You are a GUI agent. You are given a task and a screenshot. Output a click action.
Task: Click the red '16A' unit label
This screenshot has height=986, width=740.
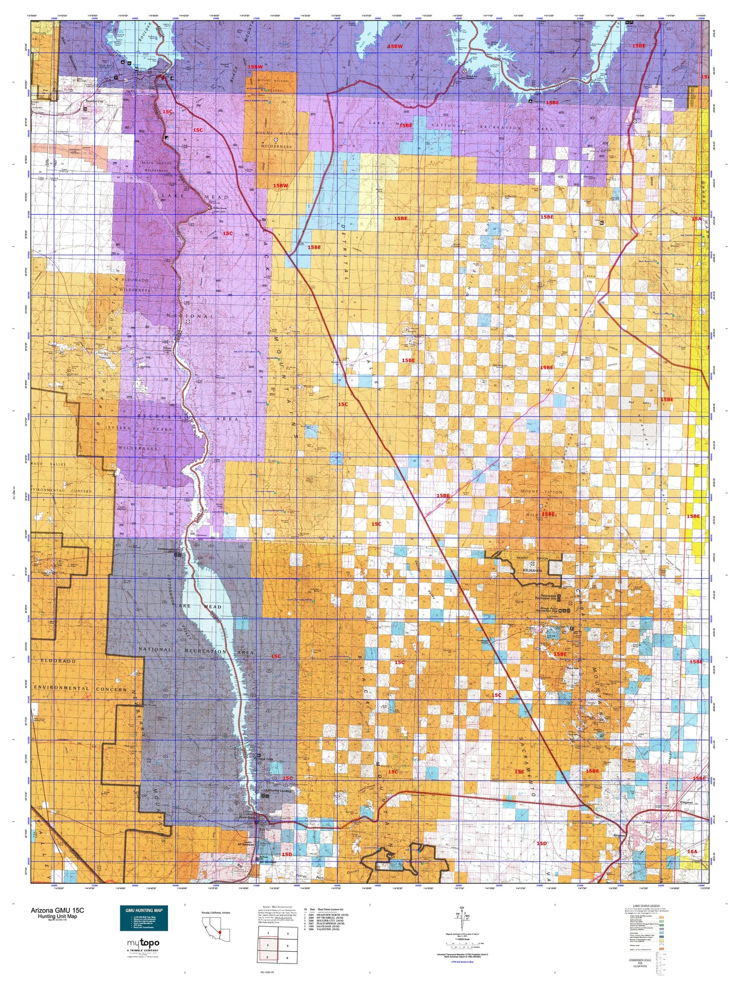tap(692, 851)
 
